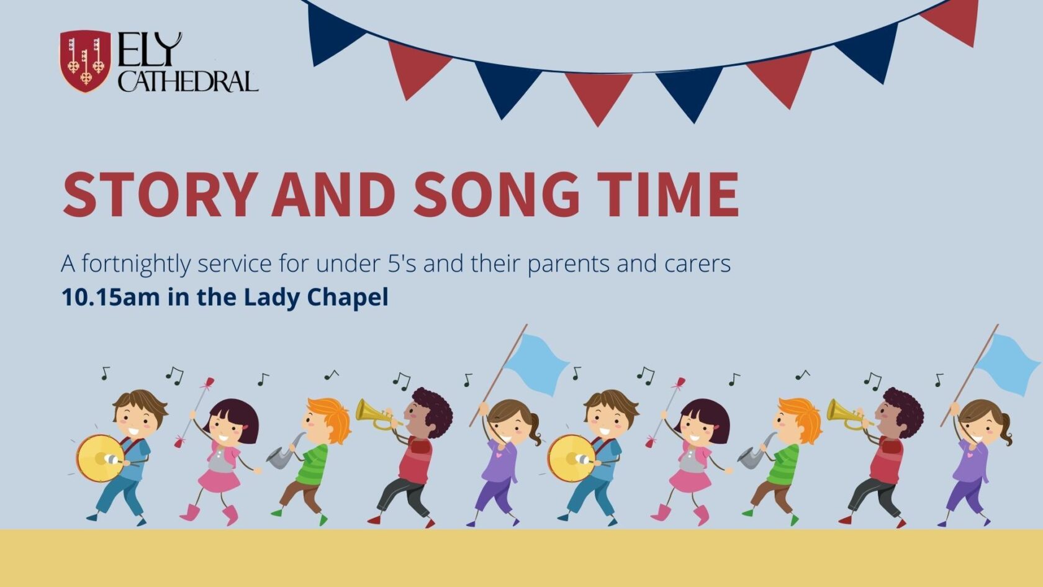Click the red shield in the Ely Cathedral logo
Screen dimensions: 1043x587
click(x=85, y=61)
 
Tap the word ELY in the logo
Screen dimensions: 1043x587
click(x=150, y=50)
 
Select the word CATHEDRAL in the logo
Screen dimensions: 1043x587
click(x=188, y=81)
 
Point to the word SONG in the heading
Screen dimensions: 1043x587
click(x=497, y=194)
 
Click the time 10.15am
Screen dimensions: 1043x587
click(x=111, y=297)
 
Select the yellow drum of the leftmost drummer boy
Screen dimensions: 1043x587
click(x=100, y=458)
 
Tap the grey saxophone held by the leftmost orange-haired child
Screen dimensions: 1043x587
click(x=285, y=452)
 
